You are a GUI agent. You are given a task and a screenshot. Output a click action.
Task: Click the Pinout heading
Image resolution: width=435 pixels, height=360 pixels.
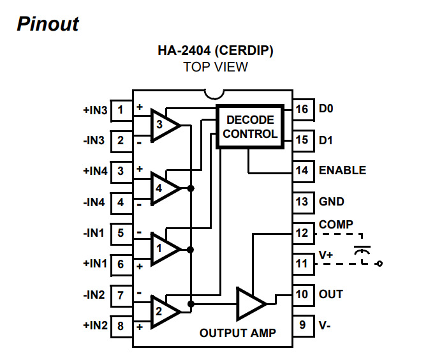(x=48, y=24)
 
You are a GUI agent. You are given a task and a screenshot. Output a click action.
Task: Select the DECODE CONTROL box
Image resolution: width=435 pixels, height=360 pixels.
(x=250, y=126)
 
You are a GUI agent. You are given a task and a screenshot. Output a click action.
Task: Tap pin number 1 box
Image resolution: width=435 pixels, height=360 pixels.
(x=121, y=109)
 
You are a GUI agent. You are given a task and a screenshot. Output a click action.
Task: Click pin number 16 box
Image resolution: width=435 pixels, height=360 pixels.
(x=302, y=109)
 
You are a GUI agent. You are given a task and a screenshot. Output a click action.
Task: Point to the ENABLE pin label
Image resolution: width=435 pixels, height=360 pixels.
(x=343, y=170)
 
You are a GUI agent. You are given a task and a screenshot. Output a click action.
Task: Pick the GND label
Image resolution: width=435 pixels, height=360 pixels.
(x=332, y=202)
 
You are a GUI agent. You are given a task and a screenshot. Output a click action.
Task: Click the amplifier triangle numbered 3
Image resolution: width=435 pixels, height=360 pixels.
(x=163, y=125)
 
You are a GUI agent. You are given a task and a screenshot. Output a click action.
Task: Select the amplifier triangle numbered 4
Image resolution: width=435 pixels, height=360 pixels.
(x=163, y=188)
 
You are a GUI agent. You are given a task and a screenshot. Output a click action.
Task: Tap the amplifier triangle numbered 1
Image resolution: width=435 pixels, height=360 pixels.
(x=163, y=248)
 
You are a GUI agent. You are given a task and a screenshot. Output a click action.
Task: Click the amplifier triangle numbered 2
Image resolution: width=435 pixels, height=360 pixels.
(x=163, y=311)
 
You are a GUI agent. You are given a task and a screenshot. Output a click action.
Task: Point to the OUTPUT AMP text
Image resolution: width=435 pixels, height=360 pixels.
(x=237, y=333)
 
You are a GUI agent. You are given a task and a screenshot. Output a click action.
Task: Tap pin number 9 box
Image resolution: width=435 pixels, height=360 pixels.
(x=302, y=326)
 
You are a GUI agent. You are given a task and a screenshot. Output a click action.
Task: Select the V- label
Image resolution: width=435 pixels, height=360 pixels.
(x=325, y=326)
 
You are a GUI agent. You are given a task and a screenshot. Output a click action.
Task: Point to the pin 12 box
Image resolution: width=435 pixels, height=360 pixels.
(x=302, y=233)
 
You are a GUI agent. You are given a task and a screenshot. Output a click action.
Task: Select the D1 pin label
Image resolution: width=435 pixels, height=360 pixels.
(x=326, y=139)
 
